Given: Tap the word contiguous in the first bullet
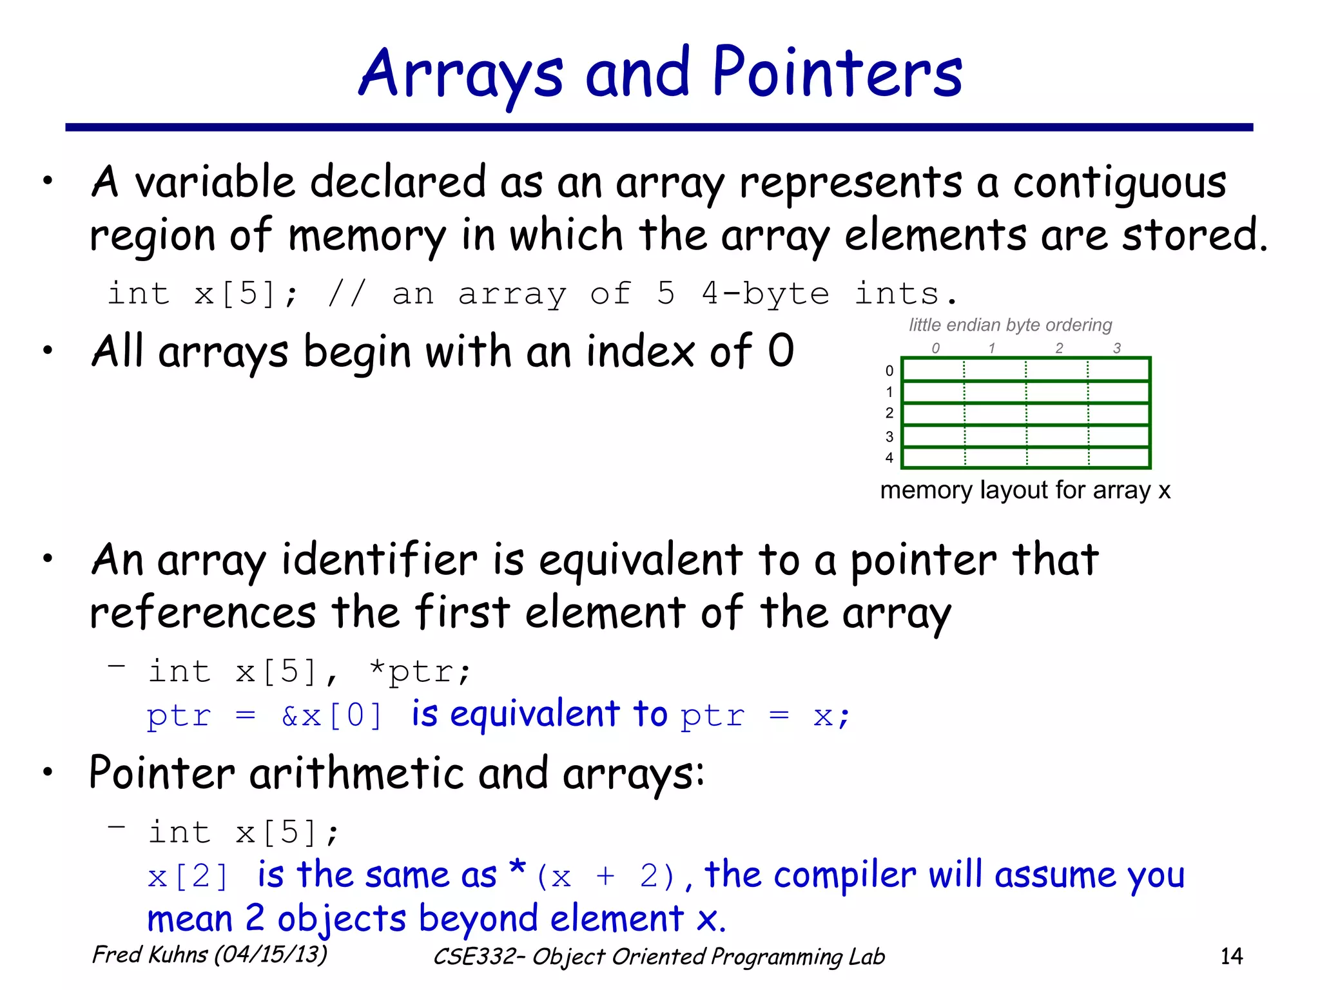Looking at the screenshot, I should click(1120, 182).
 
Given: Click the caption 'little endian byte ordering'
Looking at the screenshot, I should click(1010, 325).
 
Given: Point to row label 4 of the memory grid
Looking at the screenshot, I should click(889, 458).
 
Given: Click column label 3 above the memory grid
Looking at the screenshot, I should click(1117, 348).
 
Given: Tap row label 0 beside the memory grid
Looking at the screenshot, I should click(889, 371).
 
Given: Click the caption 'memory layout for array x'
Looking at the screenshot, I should click(1025, 490).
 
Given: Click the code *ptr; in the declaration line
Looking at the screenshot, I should click(420, 672).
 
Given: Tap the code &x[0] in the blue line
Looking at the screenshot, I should click(332, 715).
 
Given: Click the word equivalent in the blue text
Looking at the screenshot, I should click(535, 714).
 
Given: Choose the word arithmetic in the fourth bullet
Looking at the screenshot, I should click(356, 772).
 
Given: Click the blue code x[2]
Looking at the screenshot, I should click(188, 877).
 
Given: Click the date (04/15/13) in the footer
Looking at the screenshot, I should click(271, 954).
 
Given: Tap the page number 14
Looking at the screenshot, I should click(1231, 956).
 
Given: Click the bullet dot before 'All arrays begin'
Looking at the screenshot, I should click(48, 351).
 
